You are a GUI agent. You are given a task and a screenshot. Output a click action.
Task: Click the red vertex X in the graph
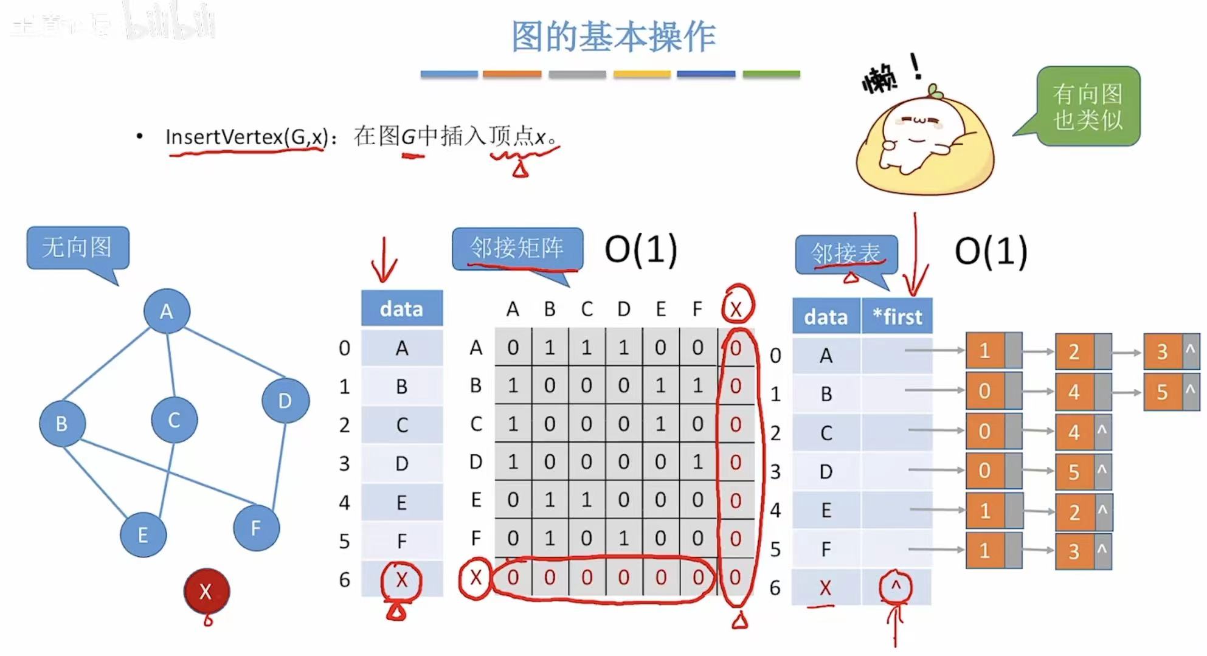(x=207, y=590)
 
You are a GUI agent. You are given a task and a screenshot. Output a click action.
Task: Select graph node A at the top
(x=167, y=311)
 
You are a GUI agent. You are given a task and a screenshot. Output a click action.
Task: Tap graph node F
(x=256, y=528)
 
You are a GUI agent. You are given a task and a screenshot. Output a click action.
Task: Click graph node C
(x=174, y=419)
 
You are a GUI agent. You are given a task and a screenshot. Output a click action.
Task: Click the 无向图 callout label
(x=77, y=247)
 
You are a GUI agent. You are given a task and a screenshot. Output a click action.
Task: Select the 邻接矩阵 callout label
(x=517, y=248)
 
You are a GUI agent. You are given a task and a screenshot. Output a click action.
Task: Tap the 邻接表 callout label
(x=845, y=254)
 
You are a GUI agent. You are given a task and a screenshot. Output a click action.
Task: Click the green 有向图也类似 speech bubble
(x=1087, y=106)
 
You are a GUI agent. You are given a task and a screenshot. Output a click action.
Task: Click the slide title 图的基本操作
(x=613, y=36)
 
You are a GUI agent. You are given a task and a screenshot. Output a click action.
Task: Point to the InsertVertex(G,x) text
(x=246, y=137)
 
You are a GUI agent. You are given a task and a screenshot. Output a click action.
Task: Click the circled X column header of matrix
(x=736, y=309)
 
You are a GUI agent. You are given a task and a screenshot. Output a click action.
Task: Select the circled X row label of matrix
(x=476, y=578)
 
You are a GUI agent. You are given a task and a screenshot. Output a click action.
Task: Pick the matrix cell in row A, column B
(x=550, y=347)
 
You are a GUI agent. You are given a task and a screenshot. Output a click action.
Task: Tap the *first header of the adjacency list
(x=897, y=316)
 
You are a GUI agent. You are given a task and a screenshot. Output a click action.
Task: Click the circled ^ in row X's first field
(x=895, y=587)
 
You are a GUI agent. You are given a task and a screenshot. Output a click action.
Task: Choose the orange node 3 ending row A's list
(x=1163, y=351)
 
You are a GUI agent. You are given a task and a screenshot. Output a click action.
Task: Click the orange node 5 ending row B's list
(x=1163, y=392)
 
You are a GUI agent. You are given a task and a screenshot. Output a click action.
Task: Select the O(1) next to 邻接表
(x=991, y=250)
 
